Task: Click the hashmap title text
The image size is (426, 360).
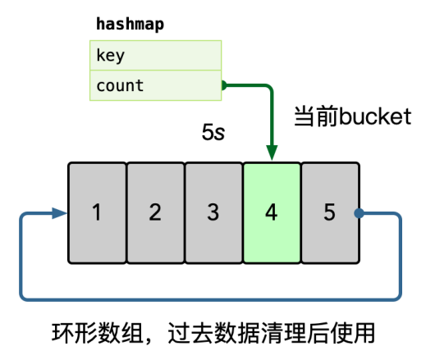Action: pos(130,24)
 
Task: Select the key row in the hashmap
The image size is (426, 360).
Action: pos(154,56)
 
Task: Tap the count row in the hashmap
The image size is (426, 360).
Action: pos(154,85)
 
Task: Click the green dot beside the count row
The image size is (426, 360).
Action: pos(222,85)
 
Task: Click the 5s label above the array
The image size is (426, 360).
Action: pos(213,132)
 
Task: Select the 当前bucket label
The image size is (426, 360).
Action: pos(351,117)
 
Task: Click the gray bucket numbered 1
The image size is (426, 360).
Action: pos(97,212)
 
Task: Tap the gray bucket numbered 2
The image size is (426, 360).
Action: pos(155,212)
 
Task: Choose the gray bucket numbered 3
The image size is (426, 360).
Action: pos(213,212)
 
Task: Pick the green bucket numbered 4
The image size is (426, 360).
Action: pos(272,212)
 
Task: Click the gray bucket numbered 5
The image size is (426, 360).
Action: pos(330,212)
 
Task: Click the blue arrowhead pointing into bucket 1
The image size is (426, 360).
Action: pos(59,213)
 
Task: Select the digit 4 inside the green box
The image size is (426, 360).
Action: pos(272,212)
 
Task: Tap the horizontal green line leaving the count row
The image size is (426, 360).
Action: pos(246,85)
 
